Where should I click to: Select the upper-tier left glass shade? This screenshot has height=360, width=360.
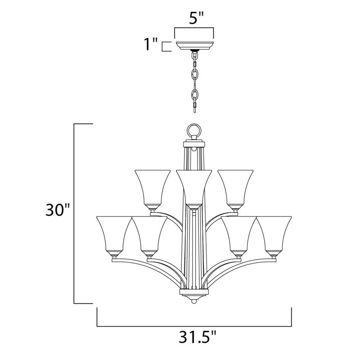pyautogui.click(x=153, y=186)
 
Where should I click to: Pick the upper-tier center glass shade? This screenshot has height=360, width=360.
pyautogui.click(x=194, y=187)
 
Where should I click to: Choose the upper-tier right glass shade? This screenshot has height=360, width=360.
pyautogui.click(x=236, y=186)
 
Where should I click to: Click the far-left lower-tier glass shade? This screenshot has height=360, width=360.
pyautogui.click(x=114, y=234)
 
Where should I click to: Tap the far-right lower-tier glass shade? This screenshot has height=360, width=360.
pyautogui.click(x=274, y=234)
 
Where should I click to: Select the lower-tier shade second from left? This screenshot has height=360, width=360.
pyautogui.click(x=150, y=234)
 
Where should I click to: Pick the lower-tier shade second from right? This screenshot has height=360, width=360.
pyautogui.click(x=238, y=234)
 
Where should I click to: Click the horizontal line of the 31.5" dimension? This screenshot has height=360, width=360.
pyautogui.click(x=194, y=325)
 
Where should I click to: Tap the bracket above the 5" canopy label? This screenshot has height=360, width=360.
pyautogui.click(x=194, y=29)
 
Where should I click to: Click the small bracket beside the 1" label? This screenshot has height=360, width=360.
pyautogui.click(x=166, y=46)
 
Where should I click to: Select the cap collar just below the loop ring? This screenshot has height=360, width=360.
pyautogui.click(x=194, y=145)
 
